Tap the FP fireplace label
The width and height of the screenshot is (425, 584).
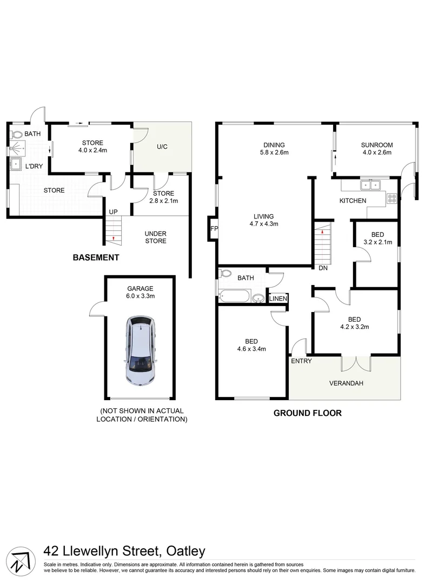click(214, 229)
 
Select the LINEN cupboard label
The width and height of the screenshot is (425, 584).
click(278, 298)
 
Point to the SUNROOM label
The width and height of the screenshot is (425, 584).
click(377, 145)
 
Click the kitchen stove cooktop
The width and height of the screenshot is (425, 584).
click(392, 198)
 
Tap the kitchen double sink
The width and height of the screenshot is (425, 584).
click(370, 185)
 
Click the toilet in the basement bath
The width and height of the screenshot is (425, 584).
click(16, 134)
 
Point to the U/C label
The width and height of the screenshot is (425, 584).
click(162, 147)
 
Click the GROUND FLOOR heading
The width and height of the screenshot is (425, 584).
click(307, 413)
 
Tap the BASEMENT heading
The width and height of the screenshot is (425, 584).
click(96, 257)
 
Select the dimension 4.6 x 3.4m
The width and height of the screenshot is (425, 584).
click(251, 349)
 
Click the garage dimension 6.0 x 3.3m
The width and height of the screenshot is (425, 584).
click(140, 296)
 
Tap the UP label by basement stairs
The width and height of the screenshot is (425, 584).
click(113, 212)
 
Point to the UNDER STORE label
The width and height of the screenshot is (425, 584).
click(155, 237)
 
